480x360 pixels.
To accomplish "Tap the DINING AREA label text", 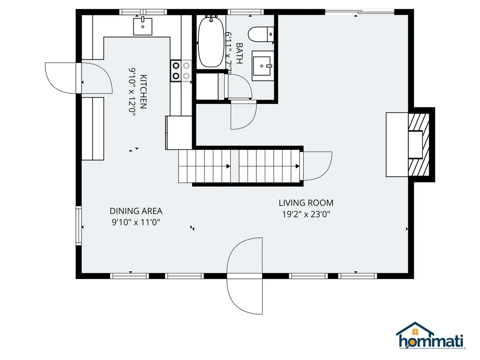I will (x=136, y=211).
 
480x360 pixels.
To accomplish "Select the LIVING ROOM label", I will (x=306, y=203).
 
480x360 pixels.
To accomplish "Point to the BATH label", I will (x=240, y=53).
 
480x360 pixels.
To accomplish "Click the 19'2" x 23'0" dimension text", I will (x=306, y=215).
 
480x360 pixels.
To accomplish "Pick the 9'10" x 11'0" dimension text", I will (x=136, y=223).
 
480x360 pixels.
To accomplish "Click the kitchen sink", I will (x=142, y=26).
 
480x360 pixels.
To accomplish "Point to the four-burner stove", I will (x=180, y=71).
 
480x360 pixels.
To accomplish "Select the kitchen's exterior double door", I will (x=78, y=77).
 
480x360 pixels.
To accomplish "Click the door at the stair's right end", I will (x=317, y=165).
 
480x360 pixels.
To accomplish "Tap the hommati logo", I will (x=430, y=337).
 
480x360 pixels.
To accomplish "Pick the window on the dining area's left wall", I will (x=79, y=227).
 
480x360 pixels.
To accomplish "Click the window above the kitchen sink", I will (x=142, y=12).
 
